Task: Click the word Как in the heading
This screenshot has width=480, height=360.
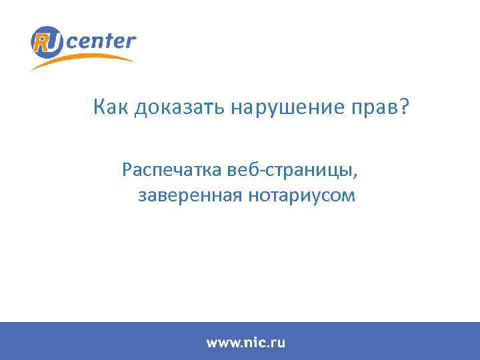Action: point(111,107)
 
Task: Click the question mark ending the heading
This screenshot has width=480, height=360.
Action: point(408,107)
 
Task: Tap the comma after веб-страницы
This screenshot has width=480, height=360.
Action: point(355,175)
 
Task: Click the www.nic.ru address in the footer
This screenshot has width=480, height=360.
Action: point(245,343)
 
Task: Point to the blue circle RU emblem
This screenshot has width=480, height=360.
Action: point(47,43)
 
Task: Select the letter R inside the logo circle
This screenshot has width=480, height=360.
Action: point(42,43)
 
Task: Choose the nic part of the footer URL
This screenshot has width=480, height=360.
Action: point(253,343)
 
